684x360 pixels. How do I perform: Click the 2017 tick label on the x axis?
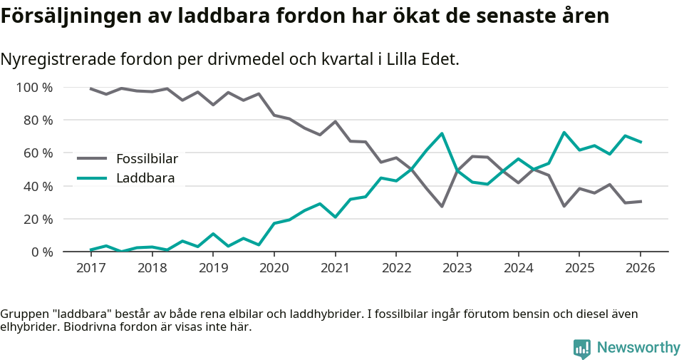[x=90, y=268]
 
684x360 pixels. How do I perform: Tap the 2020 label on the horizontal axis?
[x=274, y=268]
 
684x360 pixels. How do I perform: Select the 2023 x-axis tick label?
[x=457, y=268]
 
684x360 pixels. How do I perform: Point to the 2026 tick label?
[x=640, y=268]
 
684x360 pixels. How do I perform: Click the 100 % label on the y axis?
[x=34, y=88]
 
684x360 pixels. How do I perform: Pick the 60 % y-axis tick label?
[x=38, y=153]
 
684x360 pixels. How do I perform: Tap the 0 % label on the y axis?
[x=41, y=252]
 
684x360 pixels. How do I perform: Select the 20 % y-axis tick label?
[x=38, y=219]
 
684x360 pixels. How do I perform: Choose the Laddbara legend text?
[x=145, y=178]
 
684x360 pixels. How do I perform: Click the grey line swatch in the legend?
[x=92, y=159]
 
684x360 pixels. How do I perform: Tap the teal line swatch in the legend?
[x=92, y=178]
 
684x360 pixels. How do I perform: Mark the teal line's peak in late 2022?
[x=442, y=133]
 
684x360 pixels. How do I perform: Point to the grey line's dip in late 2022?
[x=442, y=206]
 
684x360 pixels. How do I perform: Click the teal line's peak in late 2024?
[x=564, y=133]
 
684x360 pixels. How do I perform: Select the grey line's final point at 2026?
[x=640, y=201]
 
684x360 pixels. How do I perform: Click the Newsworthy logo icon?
[x=582, y=348]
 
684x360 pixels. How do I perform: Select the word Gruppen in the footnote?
[x=24, y=314]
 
